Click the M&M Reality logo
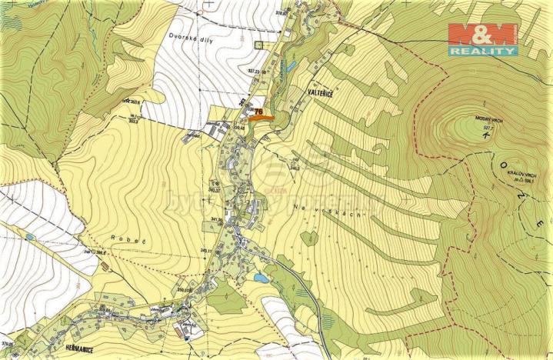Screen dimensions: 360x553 (483, 38)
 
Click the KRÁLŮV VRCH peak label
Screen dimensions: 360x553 (512, 175)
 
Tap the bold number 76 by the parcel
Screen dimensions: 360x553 (258, 111)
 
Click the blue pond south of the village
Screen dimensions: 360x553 (262, 278)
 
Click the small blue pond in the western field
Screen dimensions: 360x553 (29, 237)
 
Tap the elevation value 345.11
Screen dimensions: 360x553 (205, 252)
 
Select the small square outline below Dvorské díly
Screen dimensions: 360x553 (259, 44)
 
